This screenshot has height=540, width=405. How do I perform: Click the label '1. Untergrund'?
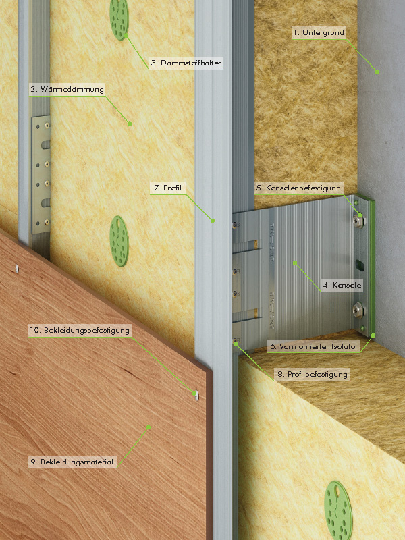(x=318, y=33)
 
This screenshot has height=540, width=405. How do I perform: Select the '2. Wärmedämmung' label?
(x=67, y=90)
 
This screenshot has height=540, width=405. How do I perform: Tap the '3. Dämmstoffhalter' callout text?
(x=186, y=63)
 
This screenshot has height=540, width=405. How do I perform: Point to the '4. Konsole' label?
(x=342, y=285)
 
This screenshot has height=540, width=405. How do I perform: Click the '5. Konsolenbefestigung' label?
(x=298, y=188)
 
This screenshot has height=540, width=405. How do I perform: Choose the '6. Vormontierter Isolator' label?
(x=314, y=346)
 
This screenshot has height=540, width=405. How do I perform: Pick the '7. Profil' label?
(x=167, y=188)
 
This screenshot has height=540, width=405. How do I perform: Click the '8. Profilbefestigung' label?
(x=313, y=374)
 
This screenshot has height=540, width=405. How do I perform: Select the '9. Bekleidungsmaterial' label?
(x=72, y=462)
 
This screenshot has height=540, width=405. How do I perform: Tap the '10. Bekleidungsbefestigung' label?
(x=80, y=331)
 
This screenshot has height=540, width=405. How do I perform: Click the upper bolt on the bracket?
(x=359, y=221)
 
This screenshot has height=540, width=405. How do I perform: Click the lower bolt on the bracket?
(x=359, y=310)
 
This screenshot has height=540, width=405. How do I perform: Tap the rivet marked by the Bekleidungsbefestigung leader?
(x=196, y=395)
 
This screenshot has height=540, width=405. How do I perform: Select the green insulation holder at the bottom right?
(x=338, y=510)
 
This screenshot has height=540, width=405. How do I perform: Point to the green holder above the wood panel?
(x=119, y=241)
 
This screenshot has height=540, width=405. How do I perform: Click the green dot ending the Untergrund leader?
(x=377, y=72)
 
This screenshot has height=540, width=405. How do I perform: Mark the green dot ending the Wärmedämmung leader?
(x=130, y=124)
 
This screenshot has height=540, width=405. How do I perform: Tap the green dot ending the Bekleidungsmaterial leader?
(x=148, y=427)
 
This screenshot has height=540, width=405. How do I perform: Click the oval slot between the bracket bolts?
(x=358, y=265)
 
